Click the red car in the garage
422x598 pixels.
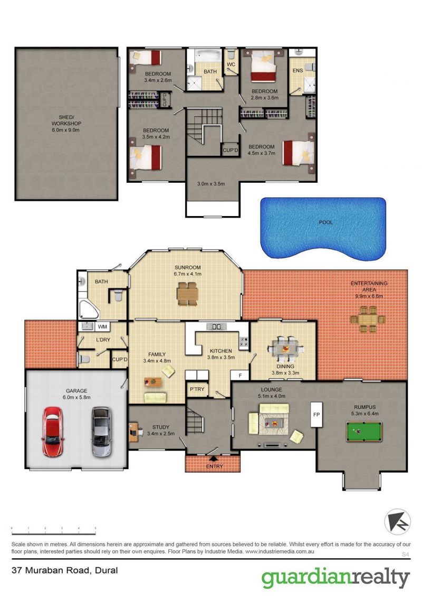point(53,432)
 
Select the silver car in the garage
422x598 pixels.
point(101,432)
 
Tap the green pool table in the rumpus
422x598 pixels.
point(364,431)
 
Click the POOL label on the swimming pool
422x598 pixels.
point(325,222)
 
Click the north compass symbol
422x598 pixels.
point(397,521)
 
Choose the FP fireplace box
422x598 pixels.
point(316,415)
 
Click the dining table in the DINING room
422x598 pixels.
point(286,349)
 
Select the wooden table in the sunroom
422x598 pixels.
point(187,294)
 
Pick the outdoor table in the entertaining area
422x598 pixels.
point(368,319)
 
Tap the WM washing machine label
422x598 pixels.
point(102,327)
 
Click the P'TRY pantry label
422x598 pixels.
point(197,389)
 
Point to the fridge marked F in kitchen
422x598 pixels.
point(240,375)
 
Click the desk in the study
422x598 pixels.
point(133,432)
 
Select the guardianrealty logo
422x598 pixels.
point(335,578)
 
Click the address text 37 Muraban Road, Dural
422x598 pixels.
point(65,571)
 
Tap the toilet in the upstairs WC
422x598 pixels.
point(231,54)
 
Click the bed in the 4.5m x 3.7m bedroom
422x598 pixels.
point(299,153)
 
